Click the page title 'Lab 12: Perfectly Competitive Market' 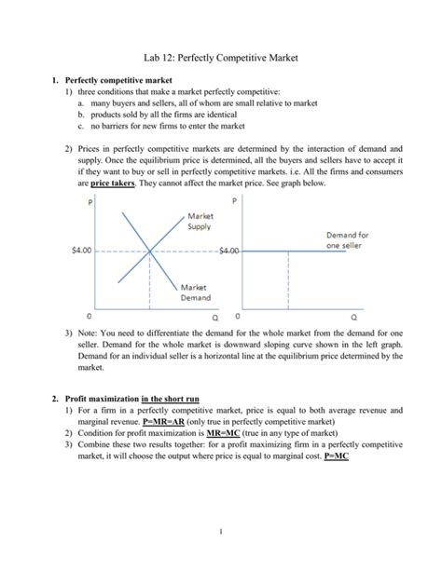(220, 59)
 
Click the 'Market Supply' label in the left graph (194, 222)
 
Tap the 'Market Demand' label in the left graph (195, 292)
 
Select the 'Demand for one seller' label (347, 240)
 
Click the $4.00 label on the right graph (228, 251)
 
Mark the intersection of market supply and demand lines (148, 251)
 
